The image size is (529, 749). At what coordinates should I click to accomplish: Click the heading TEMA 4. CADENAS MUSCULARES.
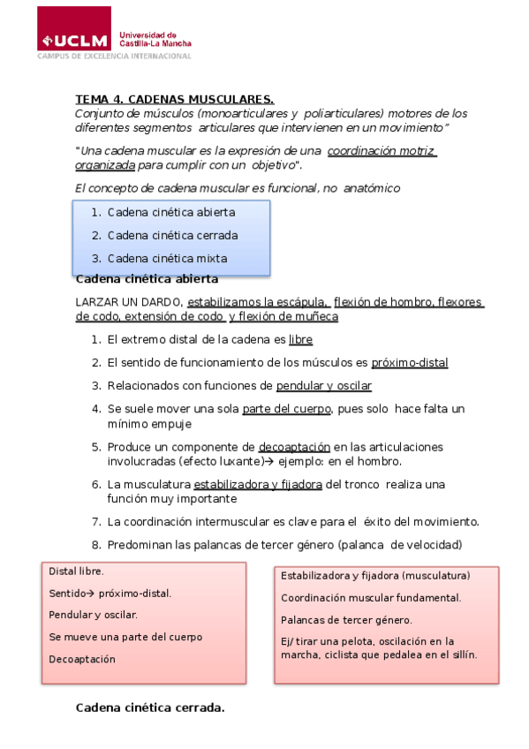[x=175, y=99]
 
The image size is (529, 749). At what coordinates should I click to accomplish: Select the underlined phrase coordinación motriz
[x=381, y=151]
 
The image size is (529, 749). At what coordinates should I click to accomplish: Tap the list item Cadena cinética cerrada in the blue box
[x=172, y=236]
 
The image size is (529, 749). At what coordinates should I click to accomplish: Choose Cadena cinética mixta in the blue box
[x=167, y=259]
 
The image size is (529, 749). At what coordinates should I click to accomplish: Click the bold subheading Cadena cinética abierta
[x=147, y=279]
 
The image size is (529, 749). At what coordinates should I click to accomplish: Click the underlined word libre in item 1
[x=300, y=339]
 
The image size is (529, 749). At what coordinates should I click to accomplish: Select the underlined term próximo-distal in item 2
[x=410, y=362]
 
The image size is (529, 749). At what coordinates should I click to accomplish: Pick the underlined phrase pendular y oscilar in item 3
[x=323, y=386]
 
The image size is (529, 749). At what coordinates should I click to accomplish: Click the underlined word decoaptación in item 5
[x=295, y=447]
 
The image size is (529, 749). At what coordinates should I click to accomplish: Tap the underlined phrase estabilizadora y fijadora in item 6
[x=258, y=485]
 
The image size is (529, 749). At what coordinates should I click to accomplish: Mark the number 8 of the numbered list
[x=95, y=544]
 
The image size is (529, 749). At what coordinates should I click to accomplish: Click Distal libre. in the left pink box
[x=76, y=571]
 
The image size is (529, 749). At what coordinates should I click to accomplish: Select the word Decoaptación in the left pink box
[x=82, y=659]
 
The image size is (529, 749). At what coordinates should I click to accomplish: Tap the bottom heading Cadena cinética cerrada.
[x=150, y=707]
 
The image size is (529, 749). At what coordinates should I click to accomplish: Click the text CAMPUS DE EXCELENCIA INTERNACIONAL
[x=114, y=56]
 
